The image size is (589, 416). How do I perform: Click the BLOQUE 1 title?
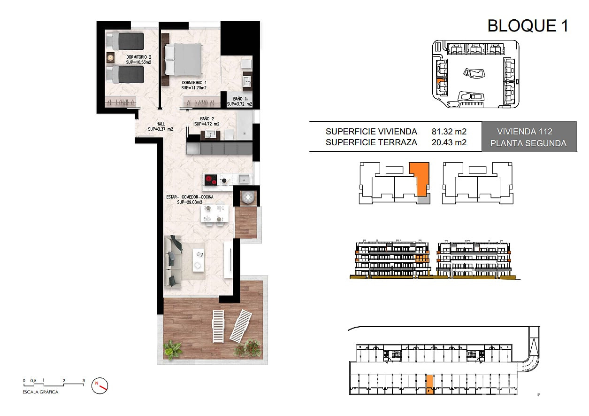coord(528,26)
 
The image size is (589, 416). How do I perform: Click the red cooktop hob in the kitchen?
coord(211,180)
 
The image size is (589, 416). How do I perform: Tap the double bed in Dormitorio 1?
coord(184,59)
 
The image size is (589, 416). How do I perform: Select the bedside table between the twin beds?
coord(110,57)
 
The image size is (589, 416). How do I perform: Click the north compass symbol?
coord(99,386)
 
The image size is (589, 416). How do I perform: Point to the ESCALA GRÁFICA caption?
coord(40,392)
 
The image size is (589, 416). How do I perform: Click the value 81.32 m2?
coord(449,132)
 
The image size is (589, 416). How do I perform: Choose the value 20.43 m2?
coord(449,142)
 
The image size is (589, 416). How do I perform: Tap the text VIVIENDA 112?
coord(525,132)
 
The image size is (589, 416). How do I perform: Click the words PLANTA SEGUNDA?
coord(528,143)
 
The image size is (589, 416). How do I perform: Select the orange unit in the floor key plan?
coord(420,179)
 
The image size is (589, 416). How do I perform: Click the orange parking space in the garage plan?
coord(429,385)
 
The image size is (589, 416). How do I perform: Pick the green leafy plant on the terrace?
coord(172,350)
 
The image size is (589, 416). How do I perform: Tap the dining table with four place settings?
coord(214,214)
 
